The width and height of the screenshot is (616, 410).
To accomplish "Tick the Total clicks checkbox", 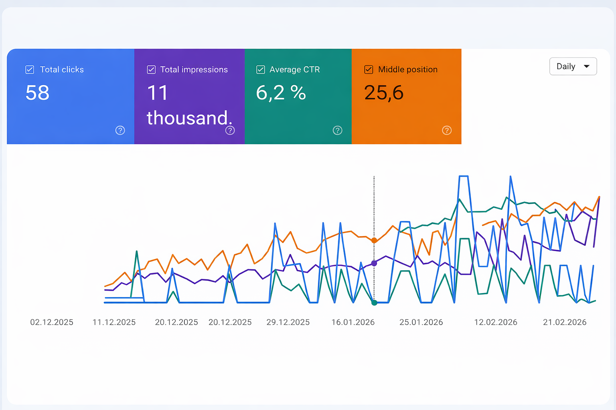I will coord(30,70).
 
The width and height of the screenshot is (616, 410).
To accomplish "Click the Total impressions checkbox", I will coord(151,70).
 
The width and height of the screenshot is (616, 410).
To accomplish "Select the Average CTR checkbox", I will coord(261,70).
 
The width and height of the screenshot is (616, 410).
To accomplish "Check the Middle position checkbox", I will coord(369,70).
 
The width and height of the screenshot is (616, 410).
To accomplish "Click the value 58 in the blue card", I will coord(37,93).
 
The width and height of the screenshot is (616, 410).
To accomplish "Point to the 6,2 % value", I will coord(281,93).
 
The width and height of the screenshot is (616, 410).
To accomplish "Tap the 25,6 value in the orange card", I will coord(384,93).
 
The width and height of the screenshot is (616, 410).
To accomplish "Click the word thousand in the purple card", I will coord(188,118).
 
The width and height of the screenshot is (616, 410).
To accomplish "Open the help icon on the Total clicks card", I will coord(120,130).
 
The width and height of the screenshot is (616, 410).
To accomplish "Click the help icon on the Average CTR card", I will coord(338,130).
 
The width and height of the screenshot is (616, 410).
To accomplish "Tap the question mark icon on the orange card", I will coord(447,130).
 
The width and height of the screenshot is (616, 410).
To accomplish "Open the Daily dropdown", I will coord(573,66).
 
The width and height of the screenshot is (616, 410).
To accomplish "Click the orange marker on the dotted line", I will coord(374,240).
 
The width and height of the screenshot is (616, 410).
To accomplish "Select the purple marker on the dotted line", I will coord(374,263).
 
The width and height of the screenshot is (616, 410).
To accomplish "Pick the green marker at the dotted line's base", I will coord(374,303).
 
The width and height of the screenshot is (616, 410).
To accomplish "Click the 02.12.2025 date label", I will coord(52,322).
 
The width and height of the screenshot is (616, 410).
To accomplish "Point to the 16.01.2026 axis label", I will coord(353,322).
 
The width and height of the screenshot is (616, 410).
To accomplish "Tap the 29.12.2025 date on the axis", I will coord(288,322).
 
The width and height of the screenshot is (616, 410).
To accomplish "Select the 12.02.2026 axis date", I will coord(496,322).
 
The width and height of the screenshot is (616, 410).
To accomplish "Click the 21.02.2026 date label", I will coord(565,322).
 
